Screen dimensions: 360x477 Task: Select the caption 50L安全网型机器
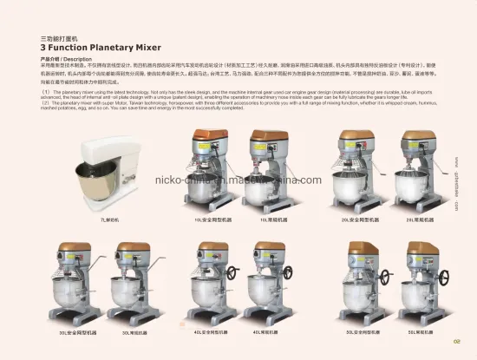(x=363, y=331)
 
